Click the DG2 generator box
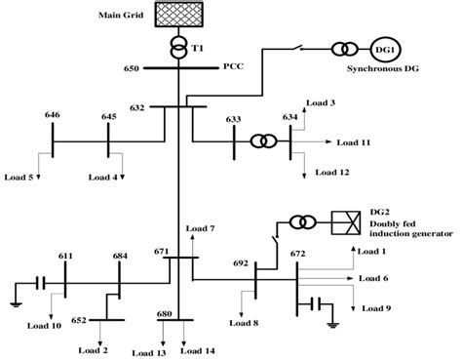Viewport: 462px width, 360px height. click(x=345, y=221)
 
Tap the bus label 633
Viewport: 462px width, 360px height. click(x=234, y=119)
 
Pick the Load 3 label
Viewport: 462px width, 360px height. click(x=320, y=102)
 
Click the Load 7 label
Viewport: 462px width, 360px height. click(x=199, y=228)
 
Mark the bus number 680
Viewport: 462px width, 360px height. click(x=166, y=314)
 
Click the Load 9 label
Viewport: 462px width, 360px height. click(x=376, y=307)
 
